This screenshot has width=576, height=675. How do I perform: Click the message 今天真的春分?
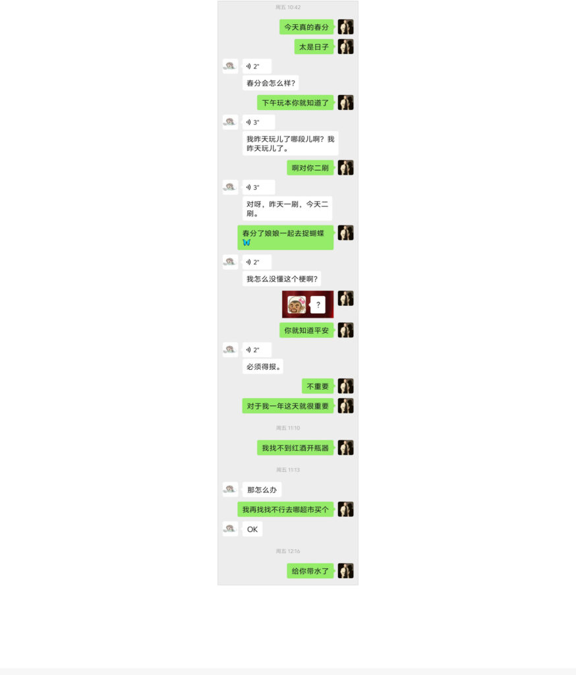(306, 27)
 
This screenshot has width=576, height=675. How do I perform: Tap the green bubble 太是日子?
(314, 47)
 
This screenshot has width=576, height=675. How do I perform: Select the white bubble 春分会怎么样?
(270, 83)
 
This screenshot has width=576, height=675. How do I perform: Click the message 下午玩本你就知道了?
(295, 103)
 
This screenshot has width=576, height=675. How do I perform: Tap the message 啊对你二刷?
(310, 168)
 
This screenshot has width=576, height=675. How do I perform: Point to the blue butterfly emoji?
(246, 243)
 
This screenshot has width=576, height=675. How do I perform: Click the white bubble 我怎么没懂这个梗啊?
(281, 279)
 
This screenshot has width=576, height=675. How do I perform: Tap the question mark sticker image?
(308, 305)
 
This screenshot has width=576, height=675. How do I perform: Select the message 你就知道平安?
(306, 330)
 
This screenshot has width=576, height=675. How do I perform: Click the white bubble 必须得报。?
(262, 367)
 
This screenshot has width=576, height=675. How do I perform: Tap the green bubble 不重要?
(318, 386)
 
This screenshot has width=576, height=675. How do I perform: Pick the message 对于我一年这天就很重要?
(288, 406)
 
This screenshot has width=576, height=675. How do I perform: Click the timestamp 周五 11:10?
(288, 428)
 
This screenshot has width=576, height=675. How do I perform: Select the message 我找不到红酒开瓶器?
(295, 448)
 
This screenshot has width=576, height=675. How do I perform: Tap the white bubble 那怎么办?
(262, 490)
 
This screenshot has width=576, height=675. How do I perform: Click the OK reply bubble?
(252, 529)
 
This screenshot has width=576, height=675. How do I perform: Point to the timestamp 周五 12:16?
(288, 551)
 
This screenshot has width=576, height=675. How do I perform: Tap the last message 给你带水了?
(310, 571)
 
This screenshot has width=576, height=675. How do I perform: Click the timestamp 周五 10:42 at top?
(288, 7)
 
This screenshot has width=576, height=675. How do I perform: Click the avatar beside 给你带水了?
(346, 571)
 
